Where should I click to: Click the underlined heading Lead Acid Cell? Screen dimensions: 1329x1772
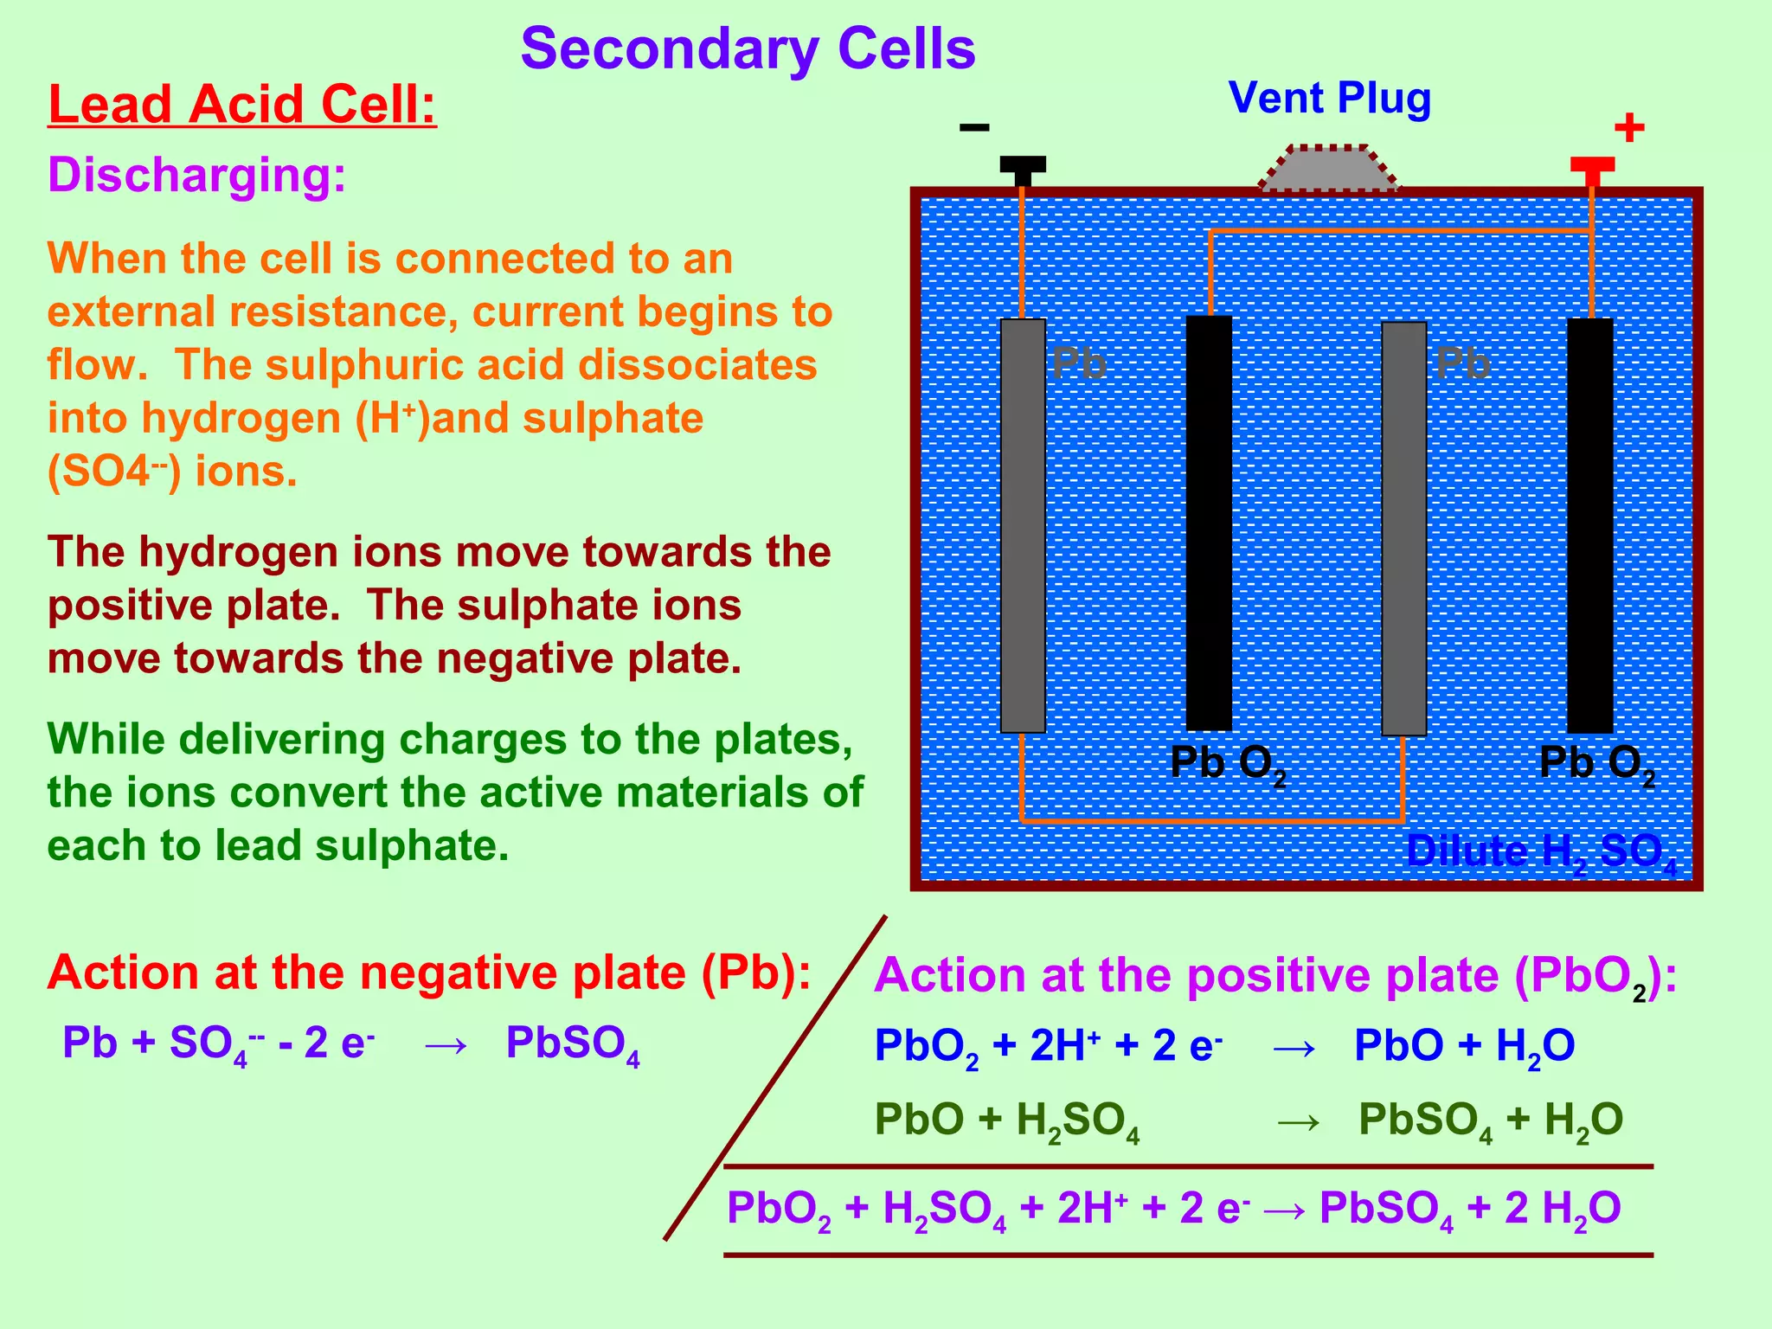(242, 105)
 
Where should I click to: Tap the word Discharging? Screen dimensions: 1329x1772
(196, 175)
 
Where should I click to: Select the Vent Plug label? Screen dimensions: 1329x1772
(1330, 98)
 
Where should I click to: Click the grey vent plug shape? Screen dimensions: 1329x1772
(1328, 169)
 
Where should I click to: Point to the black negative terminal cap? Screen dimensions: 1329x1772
(1023, 164)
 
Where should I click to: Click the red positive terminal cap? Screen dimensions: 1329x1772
(1592, 165)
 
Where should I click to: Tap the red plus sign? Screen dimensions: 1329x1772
(1629, 128)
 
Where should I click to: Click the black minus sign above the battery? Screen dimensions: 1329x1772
(974, 128)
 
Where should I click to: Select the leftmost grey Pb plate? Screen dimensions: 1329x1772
(1023, 525)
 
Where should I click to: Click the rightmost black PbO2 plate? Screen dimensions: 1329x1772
(1590, 525)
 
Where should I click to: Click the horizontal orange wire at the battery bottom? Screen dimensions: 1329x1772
(1211, 819)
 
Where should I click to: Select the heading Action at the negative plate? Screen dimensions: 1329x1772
(429, 973)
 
